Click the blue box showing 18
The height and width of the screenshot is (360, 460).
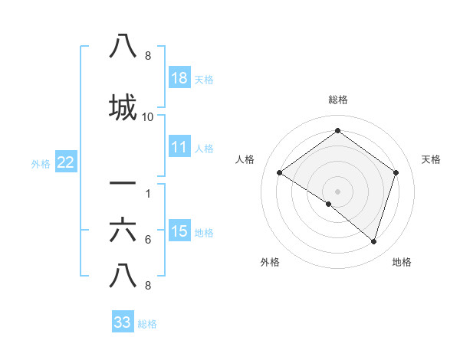coord(179,78)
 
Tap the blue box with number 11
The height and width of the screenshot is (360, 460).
coord(179,147)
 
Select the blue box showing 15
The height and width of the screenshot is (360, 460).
coord(179,231)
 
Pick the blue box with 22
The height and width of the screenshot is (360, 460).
coord(65,162)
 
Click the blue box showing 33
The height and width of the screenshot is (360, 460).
coord(122,322)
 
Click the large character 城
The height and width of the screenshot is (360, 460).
coord(123,107)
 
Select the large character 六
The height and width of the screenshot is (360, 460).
coord(123,230)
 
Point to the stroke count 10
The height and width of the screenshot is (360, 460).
coord(148,117)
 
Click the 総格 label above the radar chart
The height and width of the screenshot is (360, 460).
coord(337,100)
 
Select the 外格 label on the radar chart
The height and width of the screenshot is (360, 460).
coord(270,262)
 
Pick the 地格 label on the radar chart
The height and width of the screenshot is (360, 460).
coord(402,262)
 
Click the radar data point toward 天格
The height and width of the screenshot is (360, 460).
coord(396,172)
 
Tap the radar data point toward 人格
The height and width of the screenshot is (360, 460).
coord(279,172)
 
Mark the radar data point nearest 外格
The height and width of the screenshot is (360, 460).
coord(329,204)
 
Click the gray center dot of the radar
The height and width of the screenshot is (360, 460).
coord(337,191)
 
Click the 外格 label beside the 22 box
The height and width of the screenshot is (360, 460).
coord(41,162)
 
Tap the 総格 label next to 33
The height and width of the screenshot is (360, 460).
coord(147,323)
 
